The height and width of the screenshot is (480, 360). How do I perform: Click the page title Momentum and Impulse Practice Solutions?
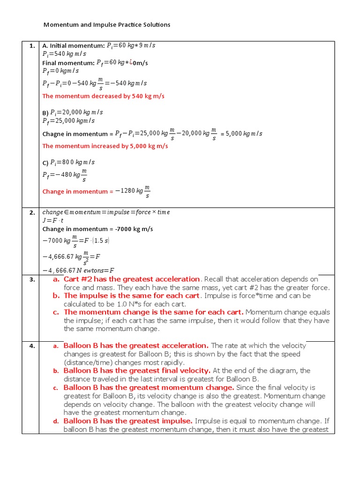tap(107, 24)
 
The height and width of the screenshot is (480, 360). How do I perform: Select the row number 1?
tap(32, 46)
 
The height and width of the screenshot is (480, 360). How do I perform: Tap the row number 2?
tap(32, 212)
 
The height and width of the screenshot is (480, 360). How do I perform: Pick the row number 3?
tap(32, 280)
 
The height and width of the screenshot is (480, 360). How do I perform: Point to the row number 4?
tap(32, 346)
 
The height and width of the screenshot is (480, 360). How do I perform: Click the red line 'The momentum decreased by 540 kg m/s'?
tap(103, 96)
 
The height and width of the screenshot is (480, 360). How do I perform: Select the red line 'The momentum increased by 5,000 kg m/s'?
tap(105, 146)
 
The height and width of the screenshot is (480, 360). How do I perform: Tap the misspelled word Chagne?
tap(52, 134)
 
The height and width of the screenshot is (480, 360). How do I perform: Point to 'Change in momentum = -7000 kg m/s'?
tap(97, 229)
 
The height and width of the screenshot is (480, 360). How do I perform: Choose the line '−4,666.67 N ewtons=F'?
tap(78, 270)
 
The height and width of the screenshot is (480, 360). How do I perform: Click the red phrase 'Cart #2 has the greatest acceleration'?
tap(132, 279)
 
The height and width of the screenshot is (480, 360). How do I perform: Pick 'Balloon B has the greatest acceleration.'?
tap(136, 345)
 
